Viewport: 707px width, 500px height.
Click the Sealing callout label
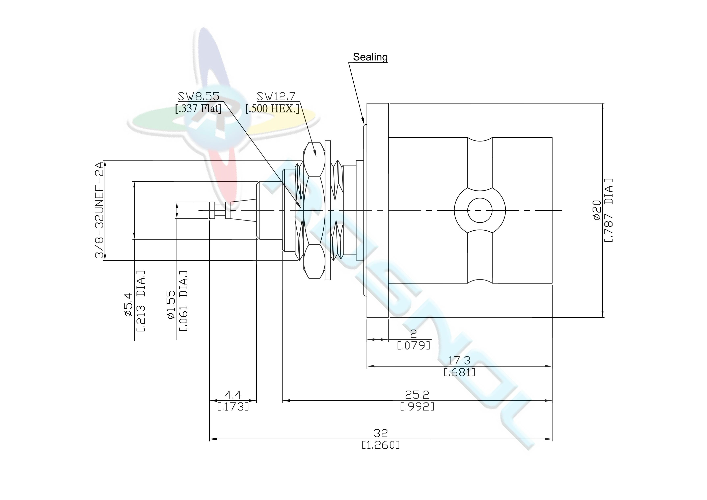370,57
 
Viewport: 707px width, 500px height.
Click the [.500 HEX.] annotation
272,109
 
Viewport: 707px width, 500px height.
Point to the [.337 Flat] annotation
198,109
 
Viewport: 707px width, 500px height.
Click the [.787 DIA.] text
608,210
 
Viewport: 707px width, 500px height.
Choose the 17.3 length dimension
459,360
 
